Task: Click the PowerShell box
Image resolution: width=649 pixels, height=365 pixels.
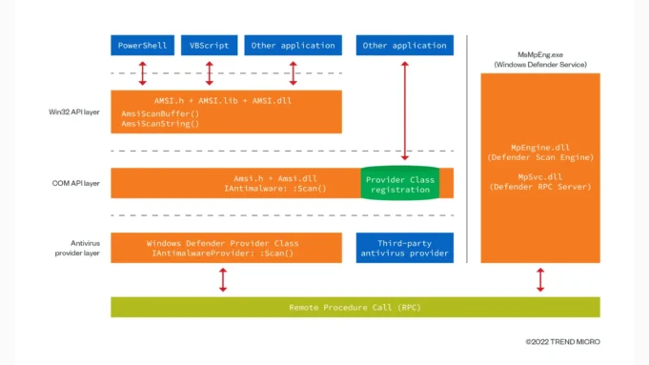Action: [142, 45]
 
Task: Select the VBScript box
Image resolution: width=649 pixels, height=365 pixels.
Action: [209, 45]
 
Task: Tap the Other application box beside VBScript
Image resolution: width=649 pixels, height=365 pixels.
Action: [293, 45]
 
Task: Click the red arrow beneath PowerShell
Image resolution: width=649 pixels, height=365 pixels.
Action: [142, 72]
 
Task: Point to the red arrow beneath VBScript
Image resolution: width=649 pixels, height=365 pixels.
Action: [209, 72]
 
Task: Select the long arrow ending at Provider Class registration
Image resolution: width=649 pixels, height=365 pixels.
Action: [405, 110]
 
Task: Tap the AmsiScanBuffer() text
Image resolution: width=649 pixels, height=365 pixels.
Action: [160, 113]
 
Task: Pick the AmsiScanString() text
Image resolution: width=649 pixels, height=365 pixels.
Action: [160, 124]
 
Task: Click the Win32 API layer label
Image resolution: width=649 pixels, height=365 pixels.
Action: [75, 112]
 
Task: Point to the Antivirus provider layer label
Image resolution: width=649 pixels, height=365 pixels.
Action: [77, 247]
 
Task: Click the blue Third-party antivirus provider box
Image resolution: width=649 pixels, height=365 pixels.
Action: [405, 248]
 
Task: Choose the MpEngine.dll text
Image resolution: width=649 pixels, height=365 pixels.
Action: [539, 148]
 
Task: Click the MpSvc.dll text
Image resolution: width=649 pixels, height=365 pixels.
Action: [539, 176]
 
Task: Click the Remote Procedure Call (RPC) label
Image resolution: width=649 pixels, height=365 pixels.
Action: [355, 307]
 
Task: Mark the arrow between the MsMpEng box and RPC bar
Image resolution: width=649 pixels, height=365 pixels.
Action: [540, 279]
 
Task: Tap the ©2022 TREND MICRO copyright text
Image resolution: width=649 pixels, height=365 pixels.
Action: [562, 341]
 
